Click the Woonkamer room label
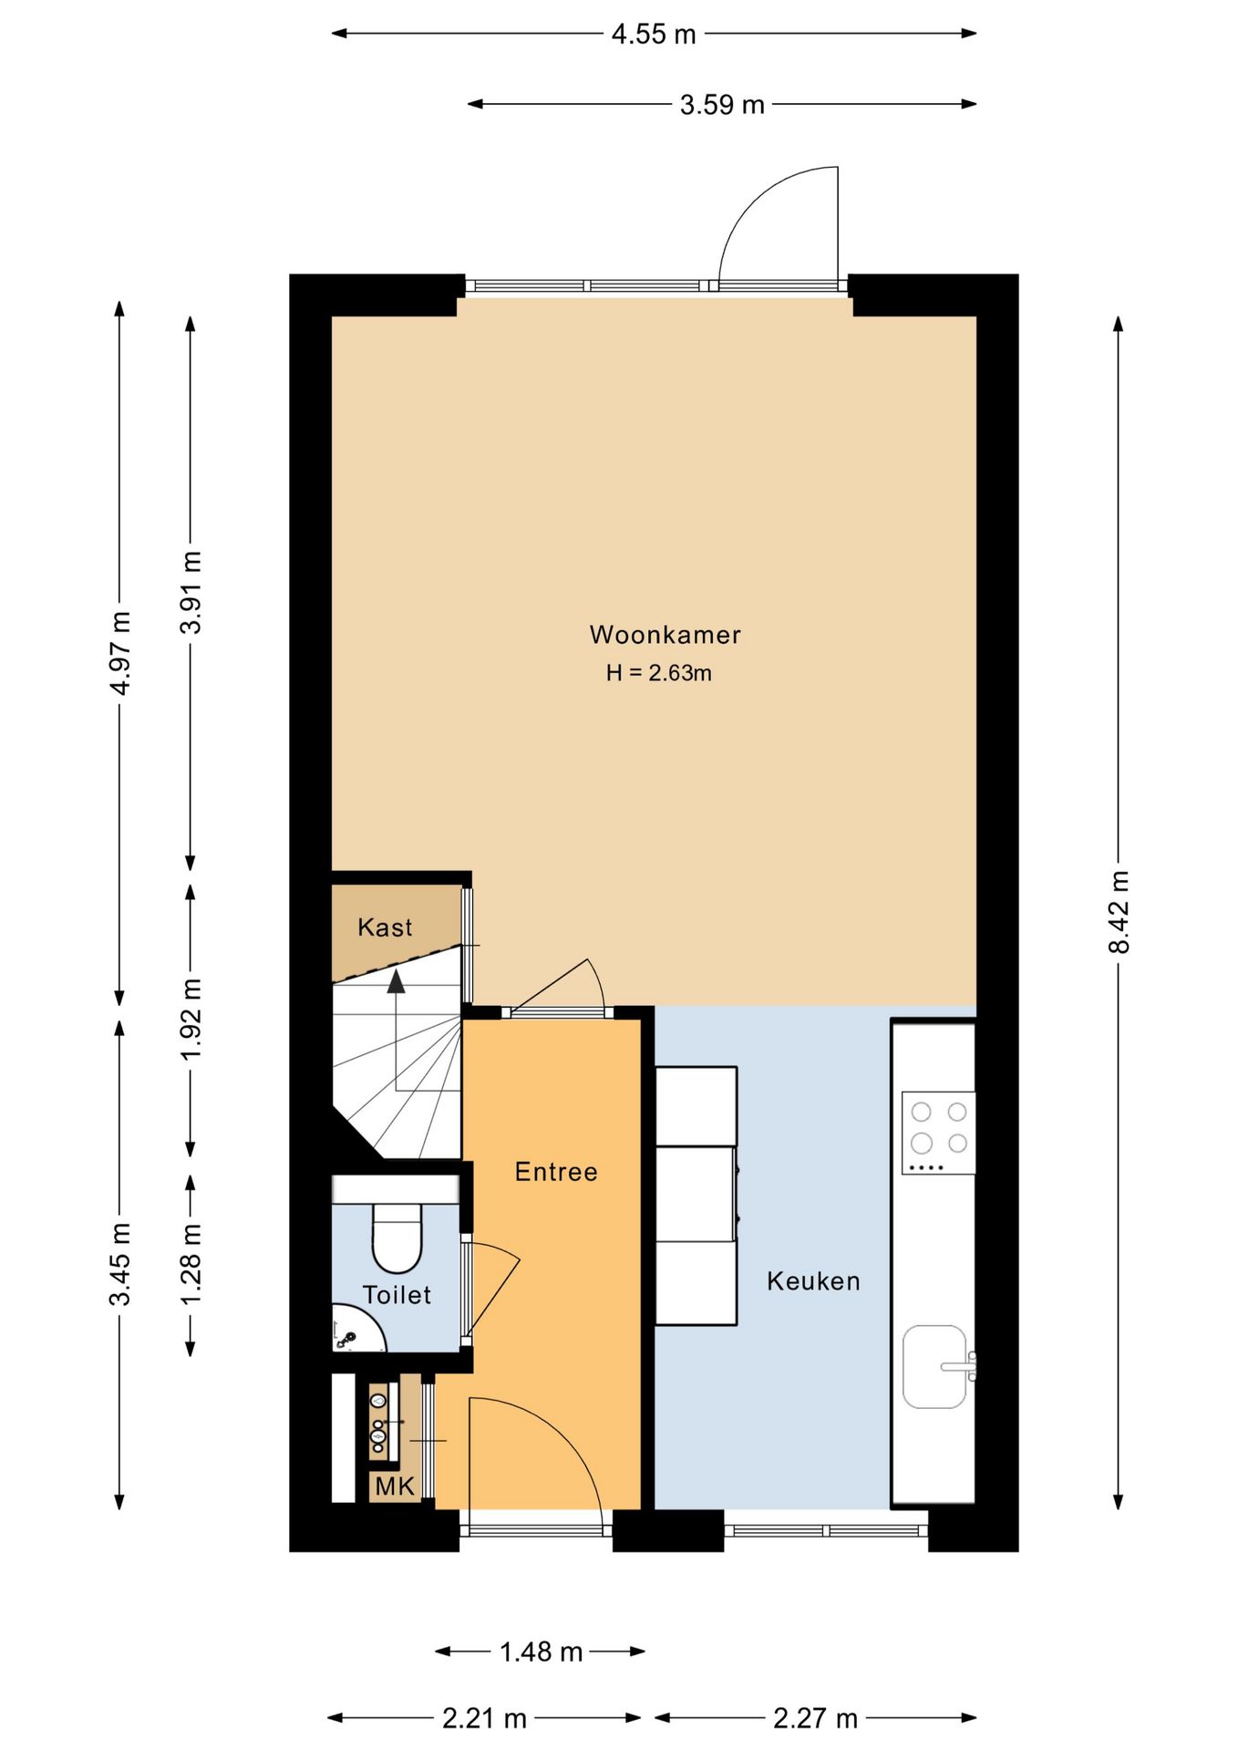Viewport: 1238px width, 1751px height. pos(665,635)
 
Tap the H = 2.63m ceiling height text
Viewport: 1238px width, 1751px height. pos(658,673)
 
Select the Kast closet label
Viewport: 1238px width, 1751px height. pos(385,927)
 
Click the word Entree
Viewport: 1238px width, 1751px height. pos(556,1172)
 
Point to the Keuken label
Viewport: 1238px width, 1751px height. pos(813,1281)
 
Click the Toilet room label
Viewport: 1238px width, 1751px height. pos(397,1295)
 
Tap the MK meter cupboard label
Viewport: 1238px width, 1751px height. pos(395,1487)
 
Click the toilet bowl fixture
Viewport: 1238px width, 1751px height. pos(397,1238)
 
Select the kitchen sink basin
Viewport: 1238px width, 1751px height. pos(934,1366)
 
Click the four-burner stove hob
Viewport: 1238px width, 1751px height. pos(938,1133)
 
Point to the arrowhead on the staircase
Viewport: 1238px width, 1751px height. pos(396,981)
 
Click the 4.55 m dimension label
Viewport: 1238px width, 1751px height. pos(654,35)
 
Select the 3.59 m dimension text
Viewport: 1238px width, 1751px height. pos(722,105)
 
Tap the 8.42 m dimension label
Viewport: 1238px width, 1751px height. pos(1119,912)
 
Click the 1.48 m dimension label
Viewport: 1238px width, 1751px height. pos(541,1652)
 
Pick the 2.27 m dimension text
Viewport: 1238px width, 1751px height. pos(815,1719)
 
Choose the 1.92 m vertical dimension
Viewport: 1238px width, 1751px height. pos(191,1020)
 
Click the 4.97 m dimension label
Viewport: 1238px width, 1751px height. pos(119,653)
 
